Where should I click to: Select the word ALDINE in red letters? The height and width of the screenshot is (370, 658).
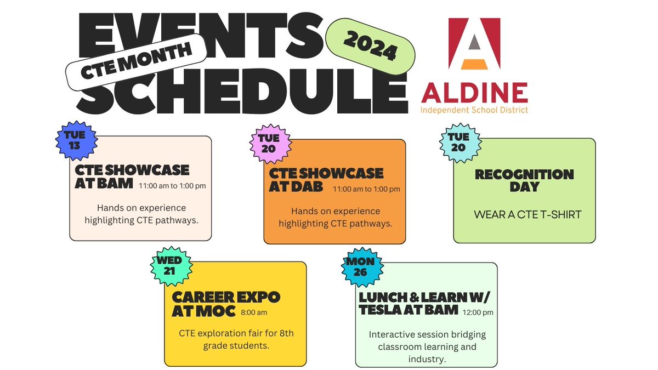click(x=474, y=93)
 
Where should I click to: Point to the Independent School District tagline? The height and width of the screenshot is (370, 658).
click(x=474, y=110)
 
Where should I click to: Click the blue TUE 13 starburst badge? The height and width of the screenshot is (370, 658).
click(x=77, y=140)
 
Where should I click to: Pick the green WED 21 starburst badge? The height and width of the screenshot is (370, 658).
click(x=171, y=265)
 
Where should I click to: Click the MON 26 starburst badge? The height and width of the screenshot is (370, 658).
click(x=360, y=266)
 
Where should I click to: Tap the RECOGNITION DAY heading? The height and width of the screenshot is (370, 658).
click(x=524, y=180)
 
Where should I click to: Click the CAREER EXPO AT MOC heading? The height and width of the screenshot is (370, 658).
click(x=225, y=304)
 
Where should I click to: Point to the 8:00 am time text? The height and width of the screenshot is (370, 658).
click(x=254, y=313)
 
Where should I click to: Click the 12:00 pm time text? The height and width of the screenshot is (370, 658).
click(x=478, y=312)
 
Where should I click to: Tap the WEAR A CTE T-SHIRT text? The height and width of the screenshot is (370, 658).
click(x=527, y=214)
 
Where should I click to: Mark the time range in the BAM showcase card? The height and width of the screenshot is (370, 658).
click(x=172, y=186)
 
